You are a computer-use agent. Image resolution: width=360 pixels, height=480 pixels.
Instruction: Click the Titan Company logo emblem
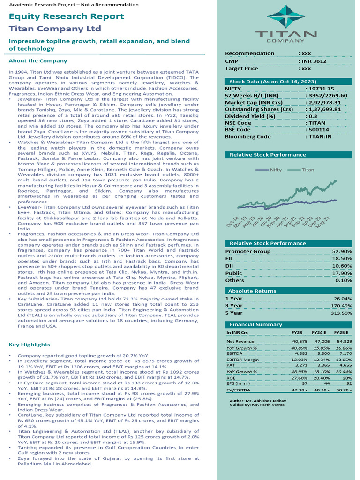285,18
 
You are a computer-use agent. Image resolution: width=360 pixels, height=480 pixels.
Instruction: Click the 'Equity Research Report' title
67,16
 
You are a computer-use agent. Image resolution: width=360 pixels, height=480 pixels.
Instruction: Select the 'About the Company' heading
38,61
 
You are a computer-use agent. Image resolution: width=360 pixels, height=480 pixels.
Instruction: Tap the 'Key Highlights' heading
30,345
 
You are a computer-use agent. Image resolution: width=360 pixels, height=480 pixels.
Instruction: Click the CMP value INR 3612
314,61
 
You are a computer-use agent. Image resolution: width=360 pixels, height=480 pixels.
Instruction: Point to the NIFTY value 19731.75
320,89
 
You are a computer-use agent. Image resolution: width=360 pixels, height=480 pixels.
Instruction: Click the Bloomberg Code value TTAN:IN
320,137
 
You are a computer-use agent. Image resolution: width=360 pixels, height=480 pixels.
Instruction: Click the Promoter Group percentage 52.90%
342,252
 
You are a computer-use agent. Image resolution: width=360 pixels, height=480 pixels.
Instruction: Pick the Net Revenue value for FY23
299,342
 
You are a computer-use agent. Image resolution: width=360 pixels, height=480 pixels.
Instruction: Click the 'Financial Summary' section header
255,324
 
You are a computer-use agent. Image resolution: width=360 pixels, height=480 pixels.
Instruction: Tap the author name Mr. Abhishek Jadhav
265,401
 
